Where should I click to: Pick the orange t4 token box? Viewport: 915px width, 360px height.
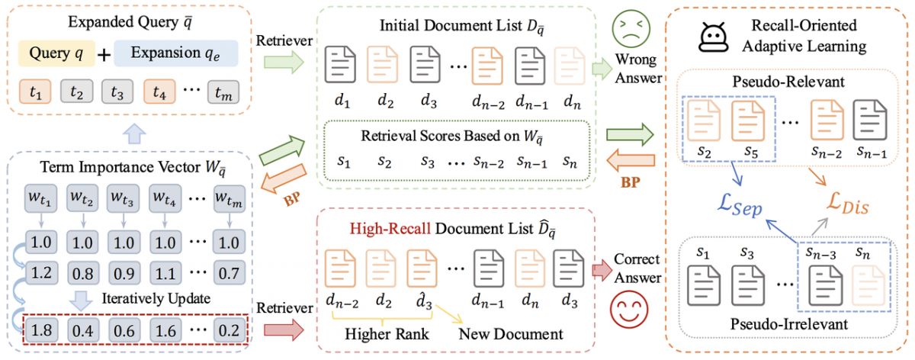pyautogui.click(x=159, y=93)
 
